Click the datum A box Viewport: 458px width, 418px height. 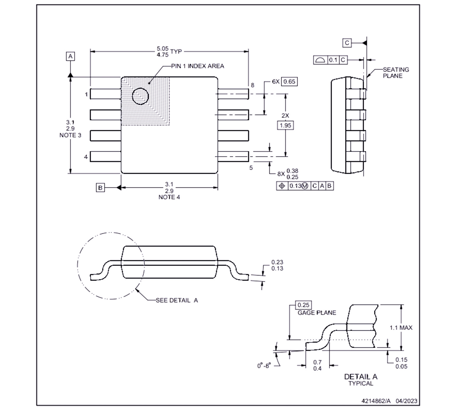tap(70, 56)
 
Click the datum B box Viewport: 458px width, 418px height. tap(100, 188)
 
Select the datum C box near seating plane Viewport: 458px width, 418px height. tap(347, 43)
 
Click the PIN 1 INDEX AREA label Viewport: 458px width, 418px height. tap(197, 66)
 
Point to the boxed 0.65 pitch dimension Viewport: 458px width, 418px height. tap(289, 82)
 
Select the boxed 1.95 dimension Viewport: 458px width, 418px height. tap(285, 125)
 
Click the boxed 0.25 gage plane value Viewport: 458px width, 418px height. tap(303, 305)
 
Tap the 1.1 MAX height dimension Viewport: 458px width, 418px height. tap(401, 328)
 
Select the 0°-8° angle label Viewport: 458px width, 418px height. tap(264, 366)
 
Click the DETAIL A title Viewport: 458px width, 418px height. tap(360, 377)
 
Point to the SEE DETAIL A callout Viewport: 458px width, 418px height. tap(177, 300)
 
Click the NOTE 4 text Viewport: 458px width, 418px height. tap(169, 197)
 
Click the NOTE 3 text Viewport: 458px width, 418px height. tap(70, 135)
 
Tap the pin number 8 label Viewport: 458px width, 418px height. tap(252, 85)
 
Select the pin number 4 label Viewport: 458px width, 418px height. tap(86, 157)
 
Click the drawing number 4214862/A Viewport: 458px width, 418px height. tap(376, 401)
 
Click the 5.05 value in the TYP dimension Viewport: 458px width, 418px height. tap(163, 48)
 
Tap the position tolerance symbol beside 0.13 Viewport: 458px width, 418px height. tap(282, 186)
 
